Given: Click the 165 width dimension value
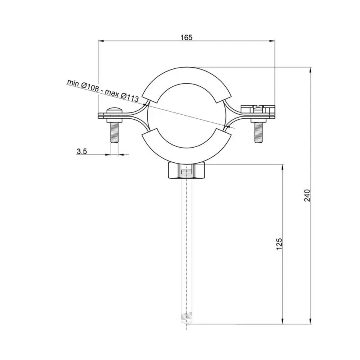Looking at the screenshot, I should point(186,37).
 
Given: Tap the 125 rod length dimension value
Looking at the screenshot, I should point(280,244).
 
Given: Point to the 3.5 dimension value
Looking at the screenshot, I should point(82,151).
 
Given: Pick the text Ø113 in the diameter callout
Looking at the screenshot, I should point(129,96).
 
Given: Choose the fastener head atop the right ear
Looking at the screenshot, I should point(258,108).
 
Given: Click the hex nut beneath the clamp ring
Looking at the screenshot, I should point(186,171).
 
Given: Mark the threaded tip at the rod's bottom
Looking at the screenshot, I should point(186,319).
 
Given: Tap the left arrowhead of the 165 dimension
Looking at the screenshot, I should point(101,41).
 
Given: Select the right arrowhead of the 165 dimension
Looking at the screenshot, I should point(273,41).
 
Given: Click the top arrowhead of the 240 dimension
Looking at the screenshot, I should point(311,70).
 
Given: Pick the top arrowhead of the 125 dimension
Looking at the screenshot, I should point(283,166).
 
